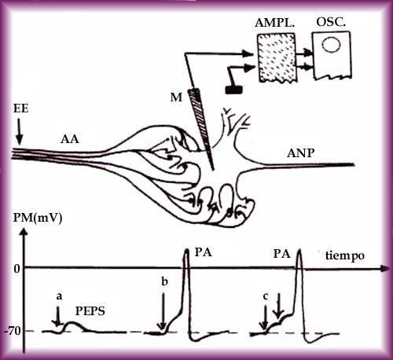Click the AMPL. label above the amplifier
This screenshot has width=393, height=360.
tap(274, 23)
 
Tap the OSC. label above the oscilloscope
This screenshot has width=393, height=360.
tap(331, 21)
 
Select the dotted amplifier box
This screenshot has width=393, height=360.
tap(277, 58)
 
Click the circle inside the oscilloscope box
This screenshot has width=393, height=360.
tap(331, 45)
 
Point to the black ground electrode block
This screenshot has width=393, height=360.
tap(234, 90)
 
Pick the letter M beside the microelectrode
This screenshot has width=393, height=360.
tap(176, 97)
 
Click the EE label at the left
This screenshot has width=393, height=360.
tap(20, 108)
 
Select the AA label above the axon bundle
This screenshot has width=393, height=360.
tap(70, 139)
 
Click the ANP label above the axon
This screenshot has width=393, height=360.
tap(300, 153)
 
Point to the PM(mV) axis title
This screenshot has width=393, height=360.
tap(38, 218)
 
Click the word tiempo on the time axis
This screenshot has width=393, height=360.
tap(345, 255)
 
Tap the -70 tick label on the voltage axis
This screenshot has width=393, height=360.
tap(13, 332)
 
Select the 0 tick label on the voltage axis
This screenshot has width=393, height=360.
tap(17, 269)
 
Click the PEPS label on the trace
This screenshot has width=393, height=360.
tap(90, 311)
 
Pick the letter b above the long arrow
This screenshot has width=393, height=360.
tap(164, 281)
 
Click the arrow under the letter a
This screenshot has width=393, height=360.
tap(57, 317)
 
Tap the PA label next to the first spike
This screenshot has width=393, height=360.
tap(203, 252)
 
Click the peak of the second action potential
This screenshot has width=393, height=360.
tap(299, 250)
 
